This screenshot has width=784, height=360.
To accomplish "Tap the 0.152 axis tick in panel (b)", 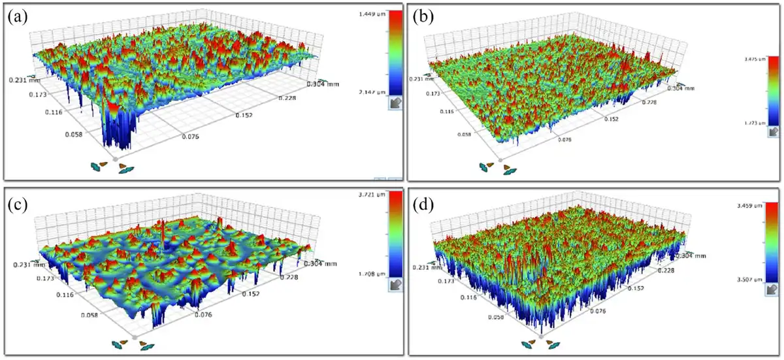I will [x=612, y=120].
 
